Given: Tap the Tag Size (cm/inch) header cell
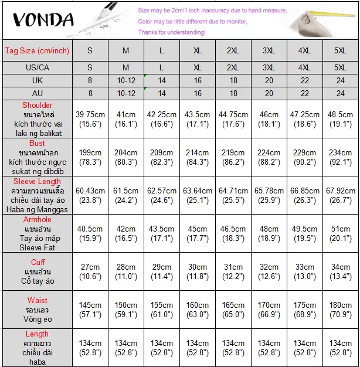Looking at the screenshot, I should [x=37, y=51].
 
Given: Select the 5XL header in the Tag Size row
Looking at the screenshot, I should [x=341, y=51].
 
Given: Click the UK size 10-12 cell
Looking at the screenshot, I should [x=126, y=80].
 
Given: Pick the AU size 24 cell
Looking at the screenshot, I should [x=341, y=93].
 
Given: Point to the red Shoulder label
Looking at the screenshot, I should [x=37, y=106].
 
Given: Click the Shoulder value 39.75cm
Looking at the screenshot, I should [x=90, y=115].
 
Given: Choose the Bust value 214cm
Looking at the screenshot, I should [x=198, y=153].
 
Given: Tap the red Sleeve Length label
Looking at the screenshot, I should [x=37, y=182].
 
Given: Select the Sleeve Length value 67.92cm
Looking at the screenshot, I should [x=341, y=191].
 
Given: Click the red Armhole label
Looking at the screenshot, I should [x=37, y=220].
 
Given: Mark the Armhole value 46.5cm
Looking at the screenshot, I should [x=233, y=229].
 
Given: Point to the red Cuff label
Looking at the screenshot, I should [x=38, y=262].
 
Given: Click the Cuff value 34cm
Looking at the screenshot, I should [x=341, y=267].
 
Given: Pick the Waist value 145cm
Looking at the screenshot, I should [x=90, y=305].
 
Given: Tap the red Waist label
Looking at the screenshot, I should [x=38, y=301].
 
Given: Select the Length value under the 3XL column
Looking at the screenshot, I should [x=269, y=344].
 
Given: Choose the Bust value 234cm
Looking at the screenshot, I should [x=341, y=153].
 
